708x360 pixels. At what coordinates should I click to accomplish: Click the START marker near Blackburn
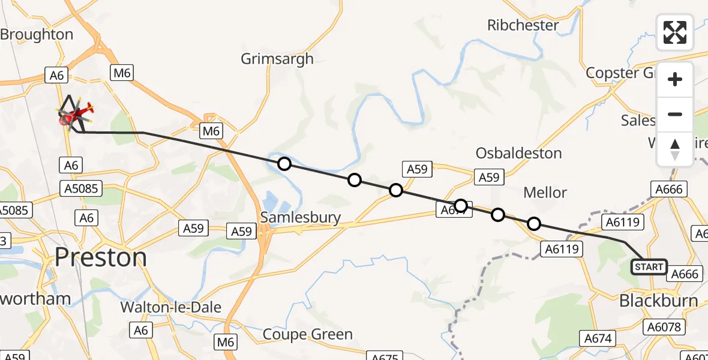(649, 267)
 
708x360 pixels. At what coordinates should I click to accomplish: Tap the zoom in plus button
(675, 80)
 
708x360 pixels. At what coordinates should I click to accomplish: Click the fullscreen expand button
(675, 32)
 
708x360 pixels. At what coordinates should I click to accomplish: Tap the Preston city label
(100, 258)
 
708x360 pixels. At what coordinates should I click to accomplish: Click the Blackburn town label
(658, 301)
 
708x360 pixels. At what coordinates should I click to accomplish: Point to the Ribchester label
(523, 25)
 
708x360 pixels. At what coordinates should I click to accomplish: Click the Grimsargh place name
(277, 59)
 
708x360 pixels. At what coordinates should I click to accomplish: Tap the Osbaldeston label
(518, 153)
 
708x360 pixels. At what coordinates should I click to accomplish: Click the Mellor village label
(545, 192)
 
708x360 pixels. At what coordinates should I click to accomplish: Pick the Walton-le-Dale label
(171, 307)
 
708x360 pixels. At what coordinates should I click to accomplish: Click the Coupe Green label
(308, 334)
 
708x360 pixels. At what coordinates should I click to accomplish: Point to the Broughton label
(36, 35)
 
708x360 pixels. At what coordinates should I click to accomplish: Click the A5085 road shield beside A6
(83, 190)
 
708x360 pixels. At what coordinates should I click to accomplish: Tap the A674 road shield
(598, 338)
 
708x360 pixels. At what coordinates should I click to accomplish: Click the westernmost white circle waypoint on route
(284, 164)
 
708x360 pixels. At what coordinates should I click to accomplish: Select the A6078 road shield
(664, 327)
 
